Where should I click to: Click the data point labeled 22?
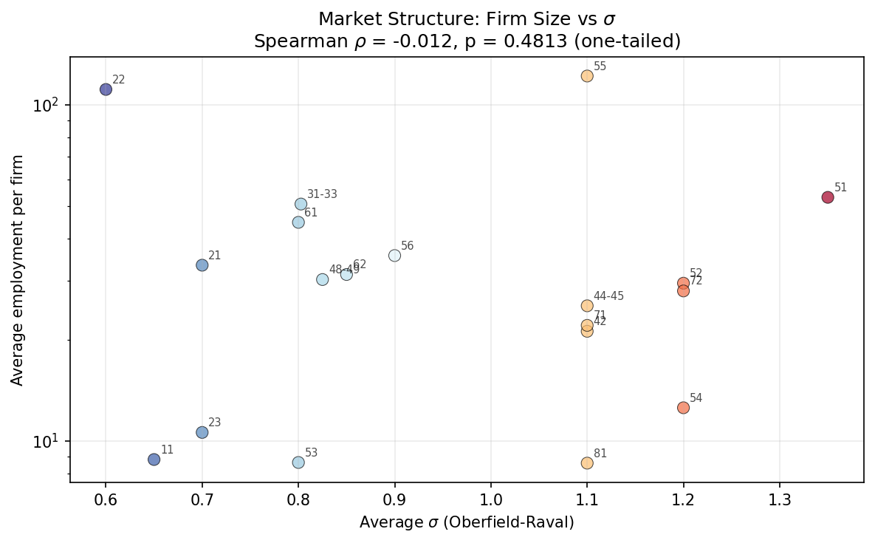(106, 89)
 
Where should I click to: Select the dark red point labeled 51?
(828, 197)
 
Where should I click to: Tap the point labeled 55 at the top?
(587, 76)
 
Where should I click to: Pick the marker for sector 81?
(587, 463)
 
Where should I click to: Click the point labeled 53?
(298, 462)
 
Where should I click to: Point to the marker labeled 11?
(154, 460)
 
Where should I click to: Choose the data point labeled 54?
(683, 408)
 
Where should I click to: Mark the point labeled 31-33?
(301, 204)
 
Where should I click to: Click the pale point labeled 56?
(394, 256)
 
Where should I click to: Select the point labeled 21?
(202, 265)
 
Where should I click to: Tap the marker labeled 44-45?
(587, 306)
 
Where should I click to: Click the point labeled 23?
(202, 432)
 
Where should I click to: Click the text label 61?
(311, 213)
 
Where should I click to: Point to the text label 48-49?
(343, 270)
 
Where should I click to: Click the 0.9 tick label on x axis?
(394, 500)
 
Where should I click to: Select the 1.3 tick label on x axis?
(780, 500)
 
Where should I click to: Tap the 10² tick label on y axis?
(46, 105)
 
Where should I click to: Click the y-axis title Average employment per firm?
(18, 270)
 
